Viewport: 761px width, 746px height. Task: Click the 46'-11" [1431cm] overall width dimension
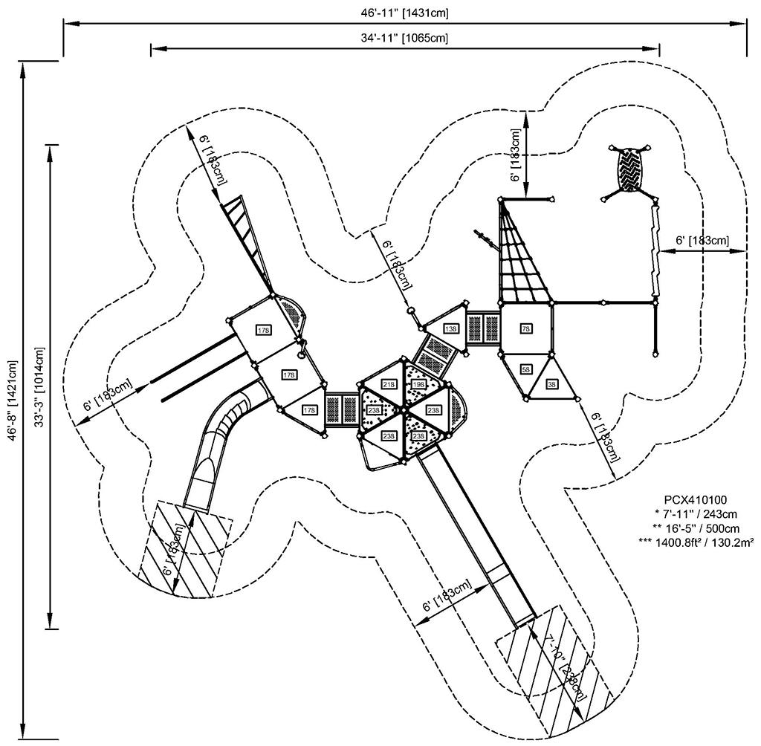[405, 13]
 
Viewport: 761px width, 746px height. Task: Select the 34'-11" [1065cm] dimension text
[405, 38]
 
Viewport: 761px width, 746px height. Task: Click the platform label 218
[389, 384]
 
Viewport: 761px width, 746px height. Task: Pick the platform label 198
[418, 384]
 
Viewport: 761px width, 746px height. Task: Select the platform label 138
[450, 328]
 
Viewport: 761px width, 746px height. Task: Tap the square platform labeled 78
[525, 328]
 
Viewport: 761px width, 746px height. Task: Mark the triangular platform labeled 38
[553, 383]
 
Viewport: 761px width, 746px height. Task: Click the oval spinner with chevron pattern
[631, 169]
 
